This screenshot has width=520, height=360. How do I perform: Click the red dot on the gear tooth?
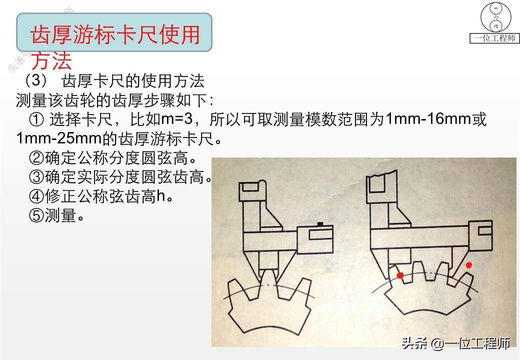[400, 275]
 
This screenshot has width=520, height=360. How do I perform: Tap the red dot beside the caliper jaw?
[468, 265]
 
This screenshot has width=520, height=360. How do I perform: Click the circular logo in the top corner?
[495, 17]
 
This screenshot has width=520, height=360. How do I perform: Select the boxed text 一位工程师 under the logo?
[494, 38]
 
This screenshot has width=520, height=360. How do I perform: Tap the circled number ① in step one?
[36, 120]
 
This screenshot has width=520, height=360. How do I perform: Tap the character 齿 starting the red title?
[41, 35]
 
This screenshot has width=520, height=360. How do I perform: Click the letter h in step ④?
[160, 196]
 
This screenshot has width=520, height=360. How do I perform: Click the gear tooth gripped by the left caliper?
[268, 278]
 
